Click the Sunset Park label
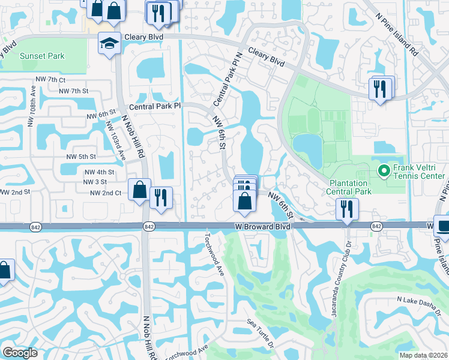click(42, 56)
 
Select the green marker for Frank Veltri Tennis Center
click(385, 171)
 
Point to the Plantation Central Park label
click(350, 187)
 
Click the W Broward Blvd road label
click(262, 227)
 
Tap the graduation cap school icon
click(110, 43)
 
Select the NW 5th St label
click(82, 157)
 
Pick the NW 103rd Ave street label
click(115, 140)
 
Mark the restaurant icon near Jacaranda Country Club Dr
click(347, 209)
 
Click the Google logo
click(20, 352)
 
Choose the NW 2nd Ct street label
click(106, 193)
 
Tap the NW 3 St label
click(94, 182)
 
